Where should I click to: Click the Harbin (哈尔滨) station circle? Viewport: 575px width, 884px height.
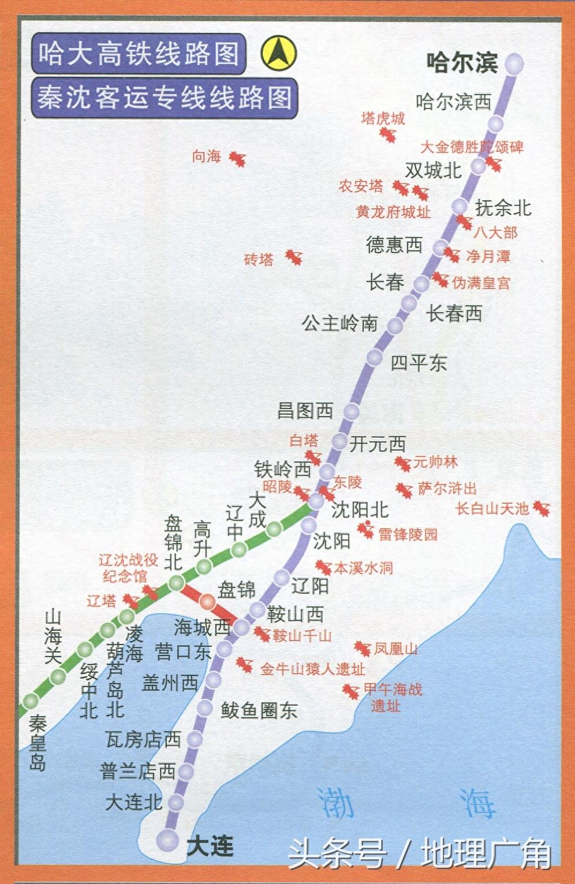514,63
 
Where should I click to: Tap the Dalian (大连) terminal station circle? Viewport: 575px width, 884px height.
168,840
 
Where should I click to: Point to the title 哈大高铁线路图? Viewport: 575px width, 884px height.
139,54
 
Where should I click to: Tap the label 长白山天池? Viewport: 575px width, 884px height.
492,508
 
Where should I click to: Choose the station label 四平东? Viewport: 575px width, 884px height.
419,363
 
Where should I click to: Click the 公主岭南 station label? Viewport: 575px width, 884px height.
339,324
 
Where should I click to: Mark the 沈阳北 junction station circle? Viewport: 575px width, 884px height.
316,501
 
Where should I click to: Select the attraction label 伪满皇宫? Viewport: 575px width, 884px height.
481,283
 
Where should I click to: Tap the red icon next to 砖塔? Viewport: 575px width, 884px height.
294,257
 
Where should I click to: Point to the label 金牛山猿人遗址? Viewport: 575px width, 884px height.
312,669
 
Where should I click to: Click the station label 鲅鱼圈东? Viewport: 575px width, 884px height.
259,710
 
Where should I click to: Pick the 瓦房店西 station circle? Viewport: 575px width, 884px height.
195,739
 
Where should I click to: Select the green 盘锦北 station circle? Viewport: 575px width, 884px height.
176,583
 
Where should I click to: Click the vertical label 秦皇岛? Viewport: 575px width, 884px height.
38,743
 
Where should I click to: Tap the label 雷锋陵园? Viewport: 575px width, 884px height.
408,534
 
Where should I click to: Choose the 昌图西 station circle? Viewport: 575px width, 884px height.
351,411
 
